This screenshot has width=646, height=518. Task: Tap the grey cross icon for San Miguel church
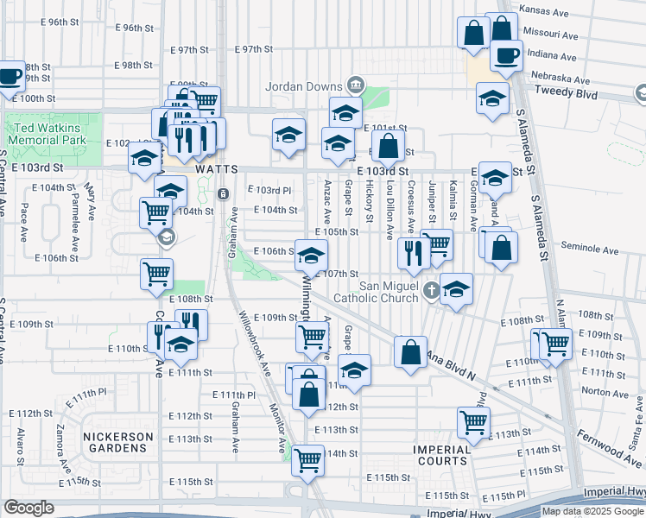point(432,293)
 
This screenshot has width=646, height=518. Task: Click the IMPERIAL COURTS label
point(441,456)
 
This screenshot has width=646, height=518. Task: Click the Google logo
point(28,508)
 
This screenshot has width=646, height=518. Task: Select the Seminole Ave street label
point(591,251)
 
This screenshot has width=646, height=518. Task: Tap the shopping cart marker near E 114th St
point(307,459)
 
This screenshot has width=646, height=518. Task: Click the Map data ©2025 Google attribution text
point(592,510)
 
